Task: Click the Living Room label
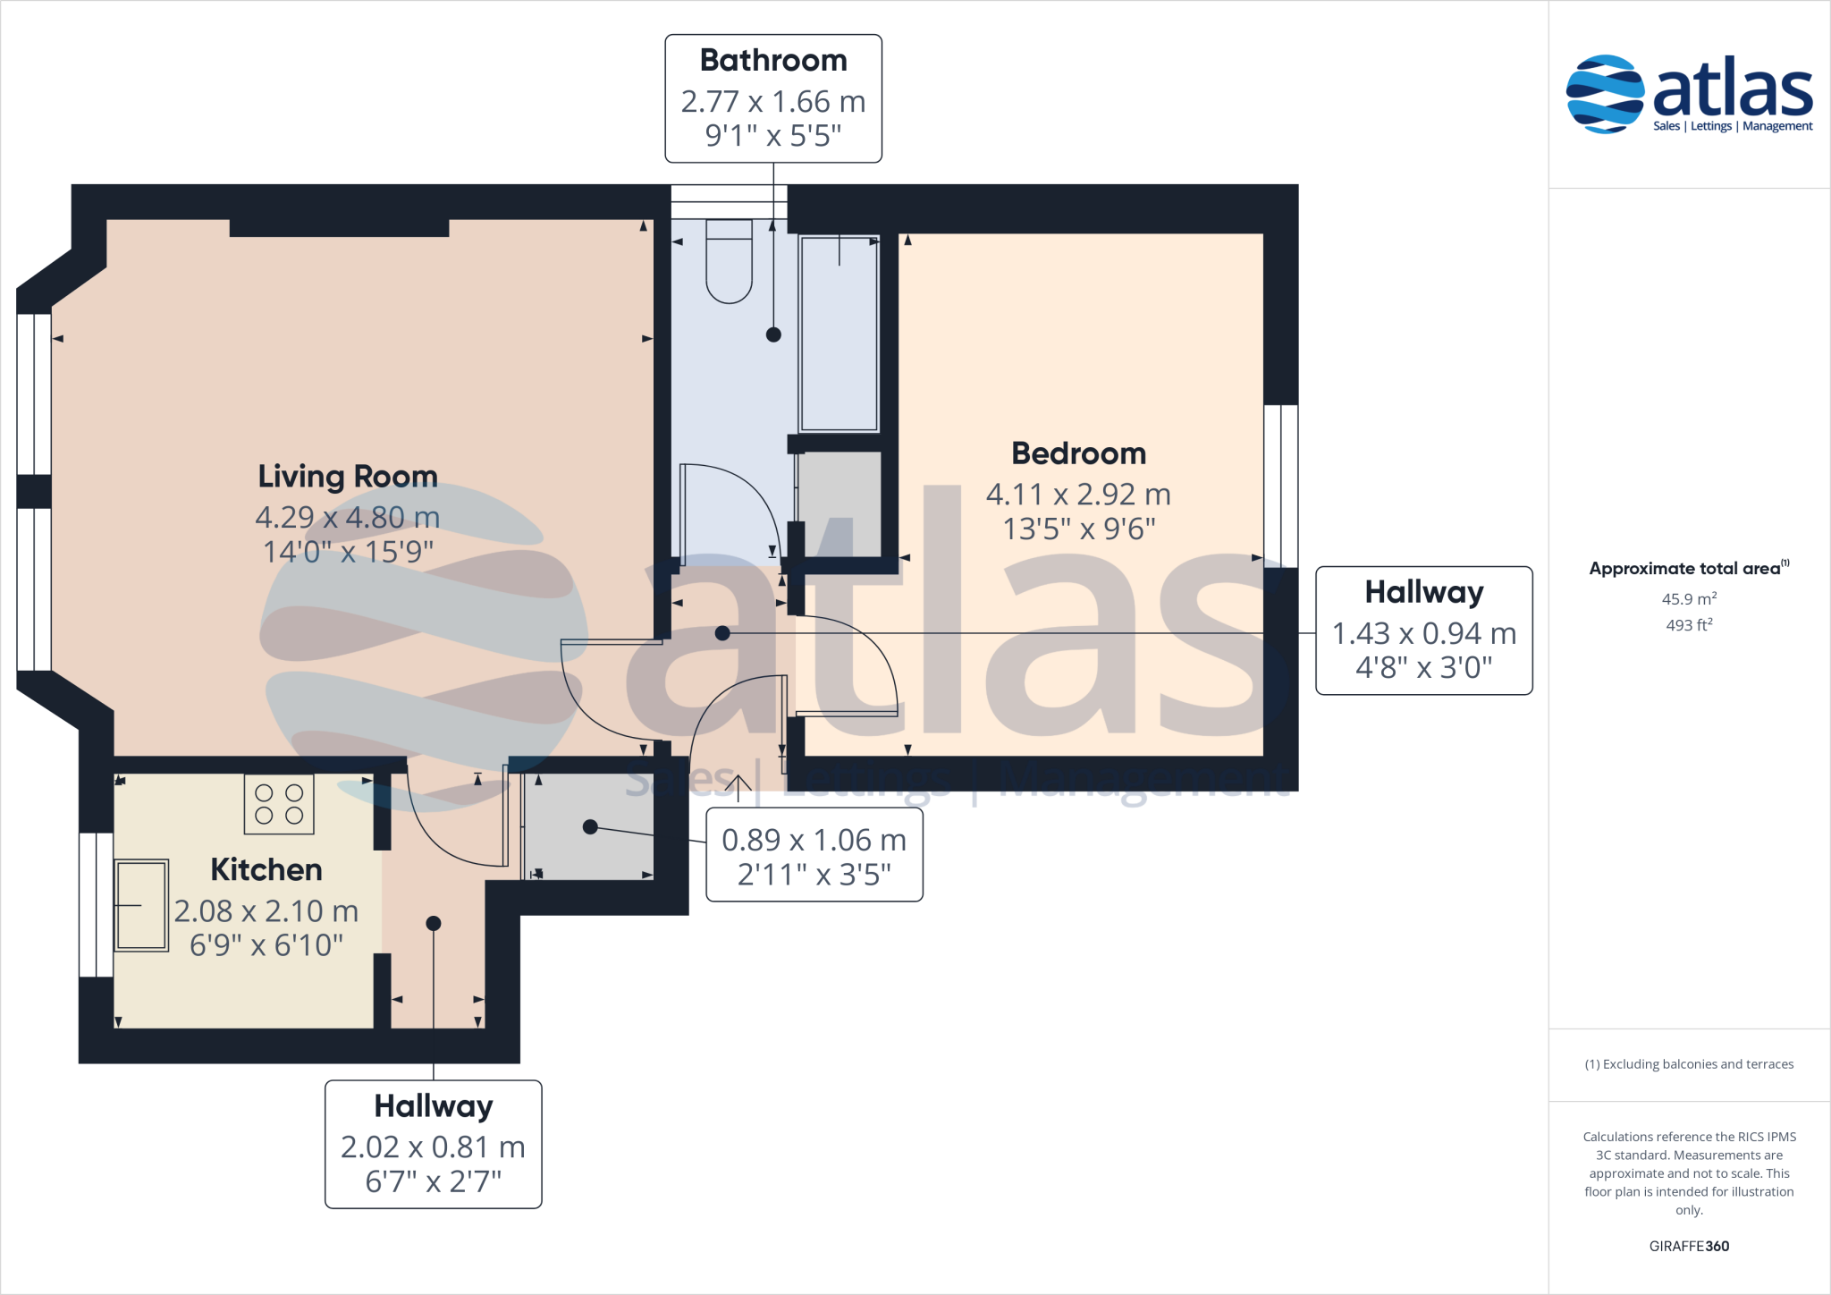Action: (348, 476)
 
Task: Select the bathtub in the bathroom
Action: (839, 334)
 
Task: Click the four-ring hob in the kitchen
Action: (279, 804)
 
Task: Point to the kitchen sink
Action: (141, 905)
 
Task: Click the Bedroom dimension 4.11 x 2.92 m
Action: (1078, 494)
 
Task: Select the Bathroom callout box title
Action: (773, 61)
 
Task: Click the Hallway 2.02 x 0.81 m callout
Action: (433, 1145)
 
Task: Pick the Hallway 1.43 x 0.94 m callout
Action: (1423, 631)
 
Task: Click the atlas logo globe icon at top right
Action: (1605, 94)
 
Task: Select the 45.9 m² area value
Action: (1689, 599)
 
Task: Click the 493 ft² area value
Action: (1689, 625)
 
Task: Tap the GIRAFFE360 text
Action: (1689, 1246)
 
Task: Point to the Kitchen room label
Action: (266, 869)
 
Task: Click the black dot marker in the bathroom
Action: (773, 334)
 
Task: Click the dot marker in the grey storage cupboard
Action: (590, 827)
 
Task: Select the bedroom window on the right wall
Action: (1281, 486)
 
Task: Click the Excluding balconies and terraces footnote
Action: (1689, 1064)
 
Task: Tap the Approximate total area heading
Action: (1686, 569)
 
